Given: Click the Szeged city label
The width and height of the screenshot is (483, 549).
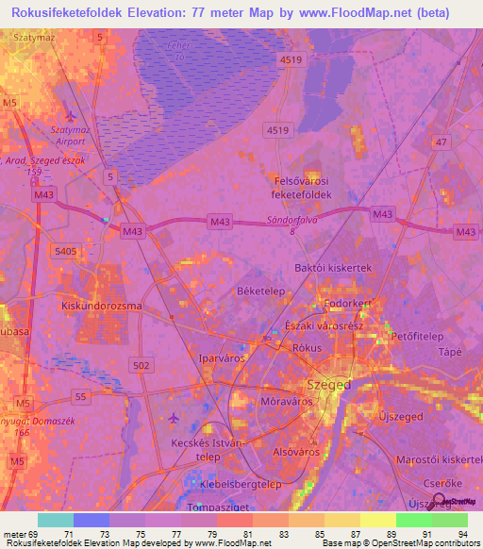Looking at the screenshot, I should [x=329, y=385].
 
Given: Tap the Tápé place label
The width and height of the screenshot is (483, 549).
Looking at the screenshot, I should [x=451, y=352].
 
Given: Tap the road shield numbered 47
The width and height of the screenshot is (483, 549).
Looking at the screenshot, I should [x=440, y=141].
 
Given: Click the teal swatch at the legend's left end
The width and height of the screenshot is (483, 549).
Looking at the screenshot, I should [x=56, y=520].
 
